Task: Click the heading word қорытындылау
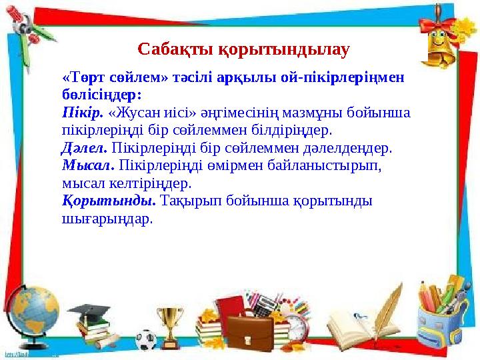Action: (x=285, y=49)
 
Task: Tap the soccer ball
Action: (x=146, y=339)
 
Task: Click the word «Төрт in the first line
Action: (x=79, y=77)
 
